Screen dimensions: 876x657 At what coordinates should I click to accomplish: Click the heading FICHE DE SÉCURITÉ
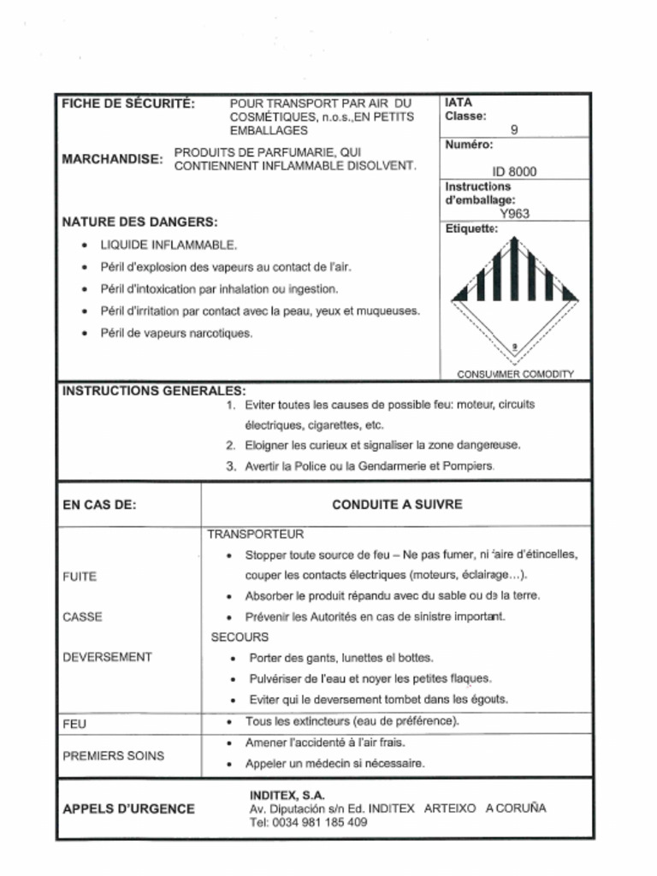128,104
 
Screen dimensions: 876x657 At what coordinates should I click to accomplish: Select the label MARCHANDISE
112,159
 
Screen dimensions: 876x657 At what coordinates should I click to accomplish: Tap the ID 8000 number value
514,171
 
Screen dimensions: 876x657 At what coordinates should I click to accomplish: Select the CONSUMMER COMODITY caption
515,374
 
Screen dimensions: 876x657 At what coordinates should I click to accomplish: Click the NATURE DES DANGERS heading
139,222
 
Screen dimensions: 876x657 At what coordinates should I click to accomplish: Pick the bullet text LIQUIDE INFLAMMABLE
169,245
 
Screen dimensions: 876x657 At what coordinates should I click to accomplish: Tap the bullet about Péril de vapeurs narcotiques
176,333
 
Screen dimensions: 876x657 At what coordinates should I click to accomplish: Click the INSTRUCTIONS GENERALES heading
154,391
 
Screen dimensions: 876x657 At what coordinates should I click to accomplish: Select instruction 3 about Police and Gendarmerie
369,466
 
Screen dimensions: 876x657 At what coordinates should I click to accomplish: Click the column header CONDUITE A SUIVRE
397,505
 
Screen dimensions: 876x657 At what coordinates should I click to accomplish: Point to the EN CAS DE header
99,505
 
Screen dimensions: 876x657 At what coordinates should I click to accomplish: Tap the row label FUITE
80,577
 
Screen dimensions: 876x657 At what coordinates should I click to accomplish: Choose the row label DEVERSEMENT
107,657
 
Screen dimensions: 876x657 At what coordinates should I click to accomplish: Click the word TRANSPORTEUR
250,534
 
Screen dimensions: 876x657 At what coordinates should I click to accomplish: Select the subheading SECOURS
240,637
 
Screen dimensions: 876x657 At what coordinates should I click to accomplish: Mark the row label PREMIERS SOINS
114,756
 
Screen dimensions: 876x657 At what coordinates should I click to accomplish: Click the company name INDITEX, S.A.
287,795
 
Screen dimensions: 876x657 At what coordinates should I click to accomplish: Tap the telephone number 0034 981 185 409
320,822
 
